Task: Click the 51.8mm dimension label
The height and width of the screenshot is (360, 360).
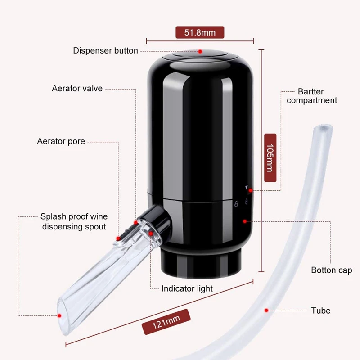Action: tap(199, 32)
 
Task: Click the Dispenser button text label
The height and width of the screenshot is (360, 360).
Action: tap(105, 51)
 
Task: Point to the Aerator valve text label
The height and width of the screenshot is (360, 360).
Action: tap(77, 88)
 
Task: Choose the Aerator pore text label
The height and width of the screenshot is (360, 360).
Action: tap(61, 141)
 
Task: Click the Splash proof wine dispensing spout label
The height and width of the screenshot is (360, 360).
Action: tap(74, 221)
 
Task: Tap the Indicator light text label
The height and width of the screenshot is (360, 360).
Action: tap(187, 288)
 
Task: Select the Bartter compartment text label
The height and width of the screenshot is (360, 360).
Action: tap(312, 96)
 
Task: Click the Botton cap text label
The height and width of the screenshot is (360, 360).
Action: tap(332, 270)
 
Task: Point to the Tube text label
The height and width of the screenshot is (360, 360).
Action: tap(320, 310)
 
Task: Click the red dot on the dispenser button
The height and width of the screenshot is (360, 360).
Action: tap(200, 51)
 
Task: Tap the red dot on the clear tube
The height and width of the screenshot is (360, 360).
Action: tap(266, 310)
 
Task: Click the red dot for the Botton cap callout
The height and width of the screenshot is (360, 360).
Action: tap(244, 221)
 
